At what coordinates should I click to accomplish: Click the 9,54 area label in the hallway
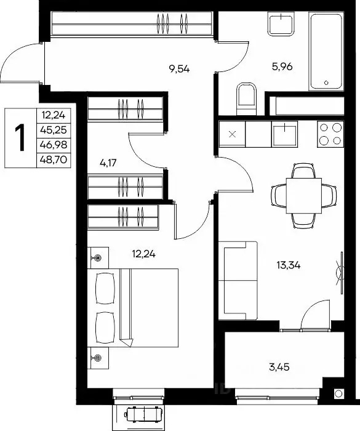(179, 69)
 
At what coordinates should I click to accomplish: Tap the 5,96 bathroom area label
(282, 66)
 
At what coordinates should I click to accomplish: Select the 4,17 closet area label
(108, 163)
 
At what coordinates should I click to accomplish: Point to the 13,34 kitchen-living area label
(288, 265)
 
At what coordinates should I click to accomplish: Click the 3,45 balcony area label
(279, 367)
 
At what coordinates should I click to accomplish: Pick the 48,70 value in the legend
(54, 159)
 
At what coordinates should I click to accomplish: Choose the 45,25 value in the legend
(54, 130)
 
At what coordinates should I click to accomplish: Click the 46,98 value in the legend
(54, 145)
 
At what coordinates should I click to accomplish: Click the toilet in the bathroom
(247, 99)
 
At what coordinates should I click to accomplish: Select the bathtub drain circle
(326, 83)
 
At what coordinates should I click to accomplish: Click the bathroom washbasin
(281, 24)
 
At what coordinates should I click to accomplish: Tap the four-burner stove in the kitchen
(330, 134)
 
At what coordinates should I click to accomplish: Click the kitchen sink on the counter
(284, 134)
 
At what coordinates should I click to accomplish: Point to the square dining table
(303, 195)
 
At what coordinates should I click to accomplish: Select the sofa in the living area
(238, 281)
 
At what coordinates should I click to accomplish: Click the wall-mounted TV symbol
(340, 273)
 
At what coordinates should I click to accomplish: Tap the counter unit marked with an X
(232, 134)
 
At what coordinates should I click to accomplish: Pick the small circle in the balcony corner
(339, 393)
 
